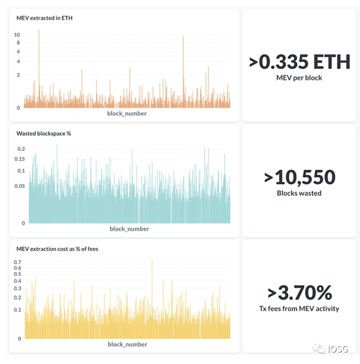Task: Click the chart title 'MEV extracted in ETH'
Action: (44, 18)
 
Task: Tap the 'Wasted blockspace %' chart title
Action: (44, 133)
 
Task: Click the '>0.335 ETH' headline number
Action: (299, 62)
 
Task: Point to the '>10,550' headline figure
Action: (299, 177)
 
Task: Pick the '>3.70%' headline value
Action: (299, 293)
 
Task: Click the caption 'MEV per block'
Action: (299, 77)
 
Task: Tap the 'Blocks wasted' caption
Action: (299, 193)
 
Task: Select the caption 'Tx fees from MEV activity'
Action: (299, 309)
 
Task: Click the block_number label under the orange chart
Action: (127, 113)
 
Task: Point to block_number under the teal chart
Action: (129, 228)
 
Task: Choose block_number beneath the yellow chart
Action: (127, 344)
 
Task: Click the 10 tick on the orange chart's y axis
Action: (17, 35)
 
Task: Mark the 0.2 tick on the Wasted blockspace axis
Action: (21, 148)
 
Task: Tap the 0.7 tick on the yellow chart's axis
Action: (17, 262)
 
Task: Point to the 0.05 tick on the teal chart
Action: (20, 186)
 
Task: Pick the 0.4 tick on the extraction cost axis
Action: (17, 281)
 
